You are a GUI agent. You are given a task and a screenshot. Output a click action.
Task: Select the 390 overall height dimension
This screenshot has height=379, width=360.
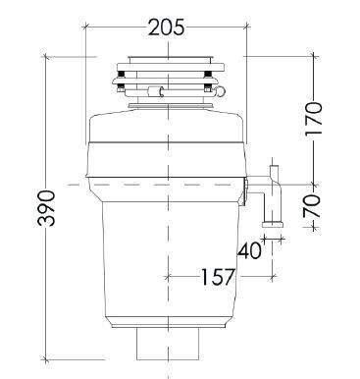point(46,208)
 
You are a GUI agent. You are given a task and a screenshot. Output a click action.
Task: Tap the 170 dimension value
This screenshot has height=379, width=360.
point(314,119)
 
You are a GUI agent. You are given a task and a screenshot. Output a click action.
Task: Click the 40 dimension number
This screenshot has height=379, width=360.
point(249,250)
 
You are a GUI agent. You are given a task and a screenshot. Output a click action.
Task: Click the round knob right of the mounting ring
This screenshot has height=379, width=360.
point(224,92)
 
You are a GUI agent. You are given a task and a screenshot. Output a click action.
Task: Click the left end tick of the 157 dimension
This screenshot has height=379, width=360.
point(168,277)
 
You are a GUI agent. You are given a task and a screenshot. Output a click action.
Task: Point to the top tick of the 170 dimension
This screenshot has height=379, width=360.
point(314,56)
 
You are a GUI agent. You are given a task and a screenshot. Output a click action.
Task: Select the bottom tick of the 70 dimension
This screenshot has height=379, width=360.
point(314,225)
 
